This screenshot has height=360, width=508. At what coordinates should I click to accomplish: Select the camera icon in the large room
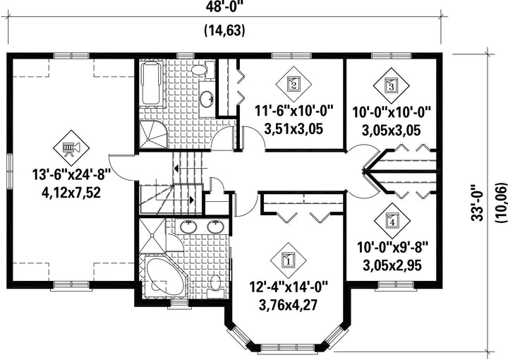click(71, 148)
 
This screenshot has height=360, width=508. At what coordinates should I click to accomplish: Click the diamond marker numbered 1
click(288, 260)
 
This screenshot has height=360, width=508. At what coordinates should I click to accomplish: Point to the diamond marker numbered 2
click(294, 84)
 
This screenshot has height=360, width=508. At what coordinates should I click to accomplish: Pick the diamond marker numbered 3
click(391, 86)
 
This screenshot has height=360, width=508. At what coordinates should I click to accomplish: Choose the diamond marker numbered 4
click(392, 221)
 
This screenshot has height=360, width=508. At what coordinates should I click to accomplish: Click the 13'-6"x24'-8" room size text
click(71, 175)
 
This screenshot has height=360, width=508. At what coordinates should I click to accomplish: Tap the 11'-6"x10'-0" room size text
click(294, 111)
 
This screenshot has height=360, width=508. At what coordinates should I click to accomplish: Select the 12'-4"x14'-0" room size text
click(289, 287)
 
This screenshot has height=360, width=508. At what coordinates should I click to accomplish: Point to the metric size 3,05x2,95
click(392, 265)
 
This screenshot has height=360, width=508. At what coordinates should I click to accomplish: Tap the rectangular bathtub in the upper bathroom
click(151, 83)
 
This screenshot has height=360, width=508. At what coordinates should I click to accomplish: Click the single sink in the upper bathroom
click(206, 99)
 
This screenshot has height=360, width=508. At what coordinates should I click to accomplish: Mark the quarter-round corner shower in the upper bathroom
click(153, 135)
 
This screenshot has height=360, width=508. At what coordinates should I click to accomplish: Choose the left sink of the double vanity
click(188, 227)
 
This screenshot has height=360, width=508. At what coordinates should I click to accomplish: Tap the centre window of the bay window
click(287, 348)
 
